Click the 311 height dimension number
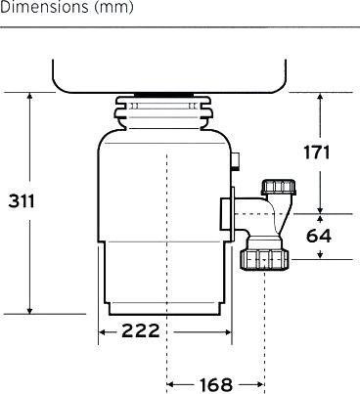click(22, 201)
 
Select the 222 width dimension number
click(141, 331)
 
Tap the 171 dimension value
click(317, 153)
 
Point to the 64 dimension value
click(319, 236)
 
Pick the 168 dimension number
click(216, 385)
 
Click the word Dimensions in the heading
click(44, 7)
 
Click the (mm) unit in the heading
click(113, 8)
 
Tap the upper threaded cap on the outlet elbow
click(279, 187)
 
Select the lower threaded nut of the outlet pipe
click(264, 260)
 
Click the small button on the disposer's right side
click(236, 160)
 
